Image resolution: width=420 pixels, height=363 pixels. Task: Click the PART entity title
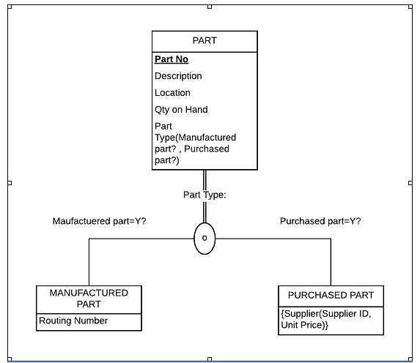pos(205,41)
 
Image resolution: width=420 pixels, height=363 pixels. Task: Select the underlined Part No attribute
pos(172,59)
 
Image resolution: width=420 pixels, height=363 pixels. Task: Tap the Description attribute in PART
pos(178,76)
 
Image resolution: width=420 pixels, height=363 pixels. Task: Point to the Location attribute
pos(172,93)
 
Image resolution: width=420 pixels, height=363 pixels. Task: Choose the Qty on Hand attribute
pos(181,110)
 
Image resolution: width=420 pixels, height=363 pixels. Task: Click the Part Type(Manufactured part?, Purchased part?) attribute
pos(194,143)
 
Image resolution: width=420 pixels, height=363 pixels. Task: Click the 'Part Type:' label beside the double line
pos(205,195)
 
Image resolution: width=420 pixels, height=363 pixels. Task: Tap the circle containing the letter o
pos(205,239)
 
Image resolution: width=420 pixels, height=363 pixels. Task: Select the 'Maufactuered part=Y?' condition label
pos(100,221)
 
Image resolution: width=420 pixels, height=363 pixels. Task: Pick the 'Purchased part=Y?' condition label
pos(320,221)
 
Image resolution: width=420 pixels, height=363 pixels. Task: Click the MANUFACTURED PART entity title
pos(89,298)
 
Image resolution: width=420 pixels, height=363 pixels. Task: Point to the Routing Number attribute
pos(73,321)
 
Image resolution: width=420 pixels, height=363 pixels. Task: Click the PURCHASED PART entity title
pos(331,295)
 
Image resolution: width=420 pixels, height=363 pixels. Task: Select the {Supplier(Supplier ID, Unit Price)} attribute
pos(326,319)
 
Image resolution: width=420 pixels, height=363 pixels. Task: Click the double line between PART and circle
pos(205,179)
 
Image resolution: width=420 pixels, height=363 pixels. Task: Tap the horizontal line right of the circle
pos(271,239)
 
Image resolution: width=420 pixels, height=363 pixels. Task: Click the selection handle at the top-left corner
pos(8,7)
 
